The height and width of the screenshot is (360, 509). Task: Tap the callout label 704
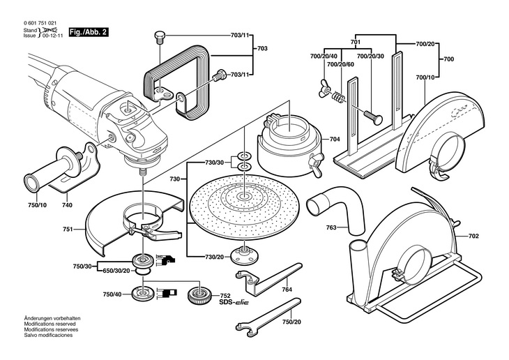point(335,139)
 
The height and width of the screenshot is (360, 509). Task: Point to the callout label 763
point(331,228)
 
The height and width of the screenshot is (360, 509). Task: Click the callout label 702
point(473,237)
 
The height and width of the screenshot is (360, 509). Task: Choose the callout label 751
point(67,228)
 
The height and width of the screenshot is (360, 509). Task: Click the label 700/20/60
point(340,64)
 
